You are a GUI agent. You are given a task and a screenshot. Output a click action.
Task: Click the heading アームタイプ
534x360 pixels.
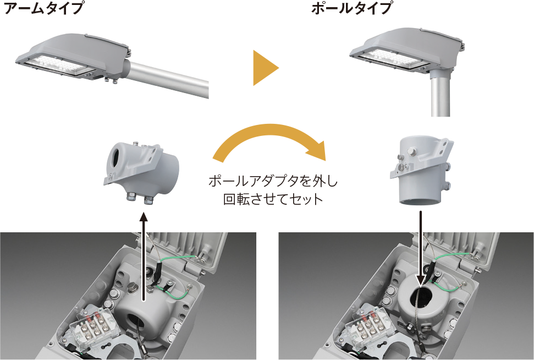coord(43,8)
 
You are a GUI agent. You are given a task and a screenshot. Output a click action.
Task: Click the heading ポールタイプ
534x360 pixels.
coord(351,8)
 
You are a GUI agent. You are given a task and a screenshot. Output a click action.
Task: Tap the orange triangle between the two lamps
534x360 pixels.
coord(266,68)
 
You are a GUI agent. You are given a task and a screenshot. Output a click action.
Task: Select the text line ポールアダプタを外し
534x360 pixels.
coord(273,181)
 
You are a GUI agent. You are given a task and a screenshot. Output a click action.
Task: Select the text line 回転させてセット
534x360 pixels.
coord(273,199)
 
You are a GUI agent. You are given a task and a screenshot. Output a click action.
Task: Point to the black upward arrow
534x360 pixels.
coord(144,257)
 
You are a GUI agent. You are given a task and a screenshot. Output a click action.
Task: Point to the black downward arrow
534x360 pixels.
coord(422,248)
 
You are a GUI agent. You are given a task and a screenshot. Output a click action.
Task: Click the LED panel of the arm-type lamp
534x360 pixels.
coord(58,66)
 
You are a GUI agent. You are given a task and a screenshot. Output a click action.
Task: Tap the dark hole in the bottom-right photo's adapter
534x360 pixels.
coord(422,297)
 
